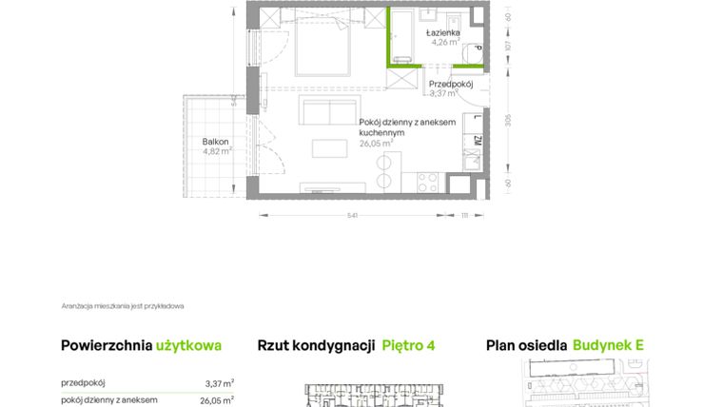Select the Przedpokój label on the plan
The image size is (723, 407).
point(451,83)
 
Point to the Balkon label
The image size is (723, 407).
point(215,141)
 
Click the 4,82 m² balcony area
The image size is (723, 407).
point(217,150)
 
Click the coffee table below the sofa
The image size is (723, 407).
point(330,149)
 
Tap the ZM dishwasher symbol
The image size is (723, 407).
point(475,144)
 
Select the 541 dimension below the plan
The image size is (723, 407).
point(353,216)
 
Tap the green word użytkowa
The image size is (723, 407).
point(189,346)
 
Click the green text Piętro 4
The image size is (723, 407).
point(408,346)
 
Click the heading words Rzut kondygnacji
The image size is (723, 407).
point(315,346)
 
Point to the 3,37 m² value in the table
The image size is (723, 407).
point(219,383)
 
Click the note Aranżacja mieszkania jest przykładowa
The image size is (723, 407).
point(123,306)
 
